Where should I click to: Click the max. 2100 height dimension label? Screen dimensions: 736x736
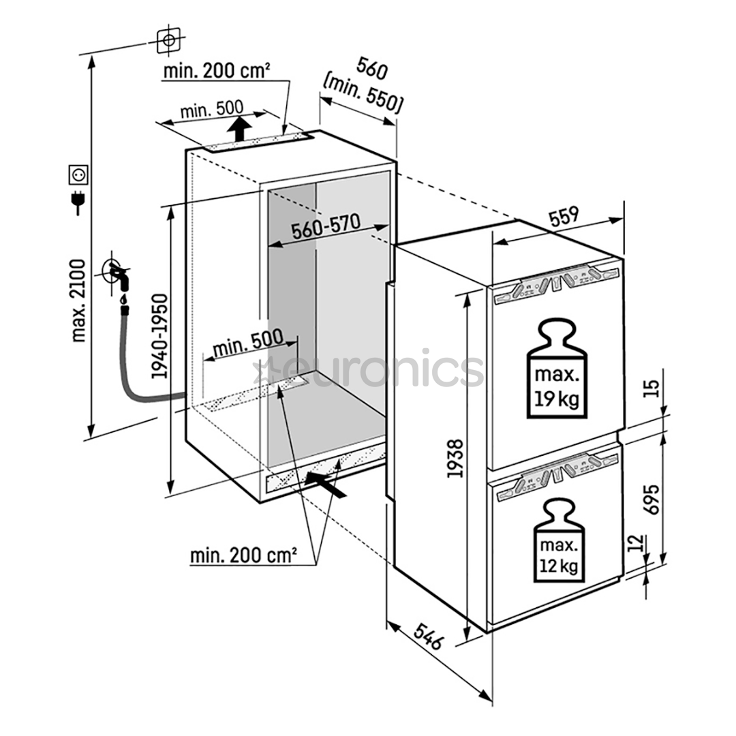coord(80,300)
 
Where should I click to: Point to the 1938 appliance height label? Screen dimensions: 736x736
coord(455,458)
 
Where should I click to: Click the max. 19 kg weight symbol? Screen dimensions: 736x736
coord(556,367)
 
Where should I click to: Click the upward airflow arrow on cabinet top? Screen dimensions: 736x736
coord(238,127)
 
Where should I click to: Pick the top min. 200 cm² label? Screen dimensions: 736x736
coord(216,70)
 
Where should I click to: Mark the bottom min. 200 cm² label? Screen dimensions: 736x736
coord(243,555)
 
